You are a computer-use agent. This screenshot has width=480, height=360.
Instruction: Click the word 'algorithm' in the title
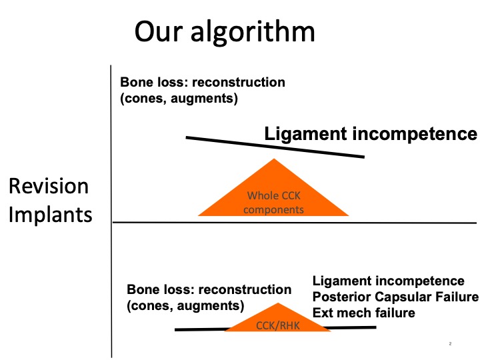(253, 33)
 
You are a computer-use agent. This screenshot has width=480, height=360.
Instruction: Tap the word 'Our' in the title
(158, 31)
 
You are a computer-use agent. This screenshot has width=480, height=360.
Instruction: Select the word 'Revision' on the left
(49, 186)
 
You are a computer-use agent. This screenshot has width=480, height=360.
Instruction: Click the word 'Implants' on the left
(51, 215)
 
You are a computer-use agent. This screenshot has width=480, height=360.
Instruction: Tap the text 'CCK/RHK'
(277, 325)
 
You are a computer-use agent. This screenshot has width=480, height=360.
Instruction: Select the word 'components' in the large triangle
(273, 210)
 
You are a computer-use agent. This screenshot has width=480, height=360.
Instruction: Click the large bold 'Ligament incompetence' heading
(371, 134)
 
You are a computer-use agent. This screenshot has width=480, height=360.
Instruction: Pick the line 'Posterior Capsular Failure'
(395, 297)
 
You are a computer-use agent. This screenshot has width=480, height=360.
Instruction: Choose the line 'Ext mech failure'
(364, 313)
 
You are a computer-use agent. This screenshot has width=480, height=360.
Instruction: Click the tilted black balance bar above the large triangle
(275, 147)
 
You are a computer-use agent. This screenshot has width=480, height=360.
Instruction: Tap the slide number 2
(450, 344)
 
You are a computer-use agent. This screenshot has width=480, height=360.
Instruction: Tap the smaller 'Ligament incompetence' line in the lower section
(389, 281)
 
